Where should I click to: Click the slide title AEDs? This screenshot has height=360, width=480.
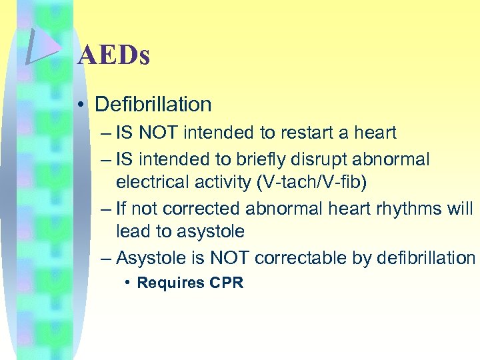point(113,55)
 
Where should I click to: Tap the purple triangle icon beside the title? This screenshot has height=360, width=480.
point(41,47)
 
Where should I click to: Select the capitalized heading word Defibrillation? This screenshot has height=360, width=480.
point(153,104)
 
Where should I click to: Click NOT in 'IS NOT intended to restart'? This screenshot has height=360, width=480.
point(159,133)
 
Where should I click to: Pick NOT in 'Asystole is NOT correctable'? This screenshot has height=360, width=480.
point(229,258)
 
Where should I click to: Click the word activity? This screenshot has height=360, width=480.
point(218,182)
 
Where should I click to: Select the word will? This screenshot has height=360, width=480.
point(459,209)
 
